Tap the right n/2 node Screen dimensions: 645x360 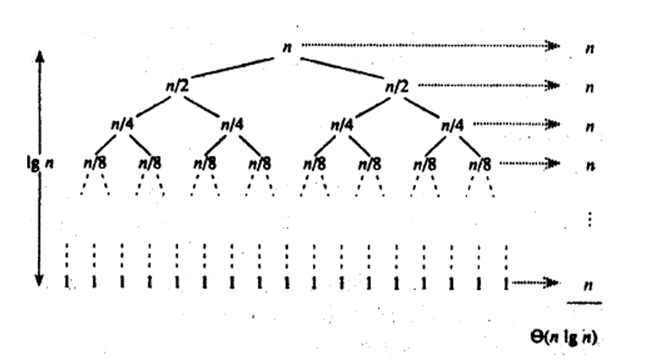(398, 87)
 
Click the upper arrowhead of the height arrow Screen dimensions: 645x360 (40, 58)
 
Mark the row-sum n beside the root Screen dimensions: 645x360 (589, 49)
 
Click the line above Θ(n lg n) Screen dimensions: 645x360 (585, 302)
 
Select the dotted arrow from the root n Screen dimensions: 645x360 (425, 46)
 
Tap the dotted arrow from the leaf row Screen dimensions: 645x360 (534, 283)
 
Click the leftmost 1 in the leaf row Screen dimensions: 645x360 (67, 283)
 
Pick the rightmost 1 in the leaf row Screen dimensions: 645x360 (505, 283)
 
